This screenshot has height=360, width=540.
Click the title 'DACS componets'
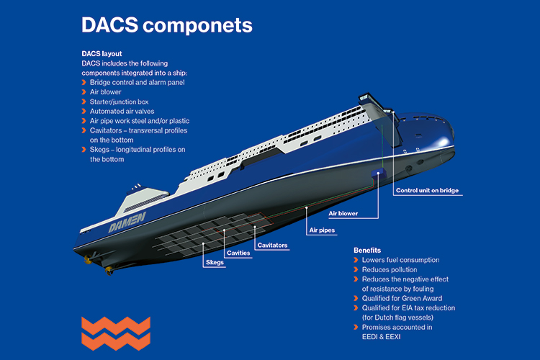coord(167,25)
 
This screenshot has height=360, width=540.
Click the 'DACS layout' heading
coord(102,54)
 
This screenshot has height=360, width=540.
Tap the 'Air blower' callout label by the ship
coord(343,213)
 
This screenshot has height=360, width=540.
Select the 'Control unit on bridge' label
coord(427,190)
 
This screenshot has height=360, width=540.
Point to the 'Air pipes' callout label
coord(322,230)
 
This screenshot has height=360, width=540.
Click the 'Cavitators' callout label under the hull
coord(272,245)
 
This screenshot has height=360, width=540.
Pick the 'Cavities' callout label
coord(238,253)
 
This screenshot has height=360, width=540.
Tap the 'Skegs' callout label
coord(215,262)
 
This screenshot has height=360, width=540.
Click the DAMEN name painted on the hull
coord(127,222)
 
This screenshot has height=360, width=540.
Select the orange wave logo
coord(116,333)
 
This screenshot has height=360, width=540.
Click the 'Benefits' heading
coord(367,251)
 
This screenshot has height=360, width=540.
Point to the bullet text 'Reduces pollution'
coord(390,269)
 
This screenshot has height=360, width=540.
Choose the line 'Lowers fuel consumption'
coord(400,260)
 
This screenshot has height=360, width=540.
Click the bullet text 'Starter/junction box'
coord(119,102)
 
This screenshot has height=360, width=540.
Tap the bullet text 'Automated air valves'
coord(122,112)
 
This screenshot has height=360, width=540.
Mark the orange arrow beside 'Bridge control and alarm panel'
coord(84,82)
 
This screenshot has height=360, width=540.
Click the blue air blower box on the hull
coord(377,173)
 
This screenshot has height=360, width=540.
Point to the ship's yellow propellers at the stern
coord(98,264)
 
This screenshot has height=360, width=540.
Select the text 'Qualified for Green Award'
coord(402,298)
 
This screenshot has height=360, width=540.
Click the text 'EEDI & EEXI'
coord(381,336)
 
